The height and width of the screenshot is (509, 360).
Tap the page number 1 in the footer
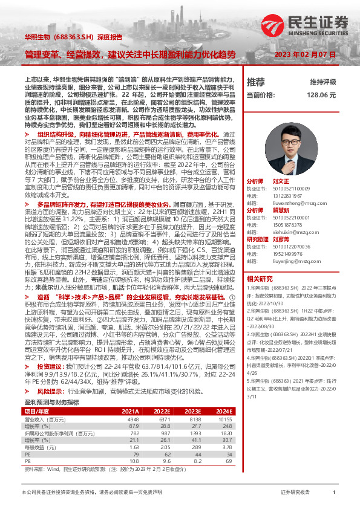(x=334, y=493)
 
